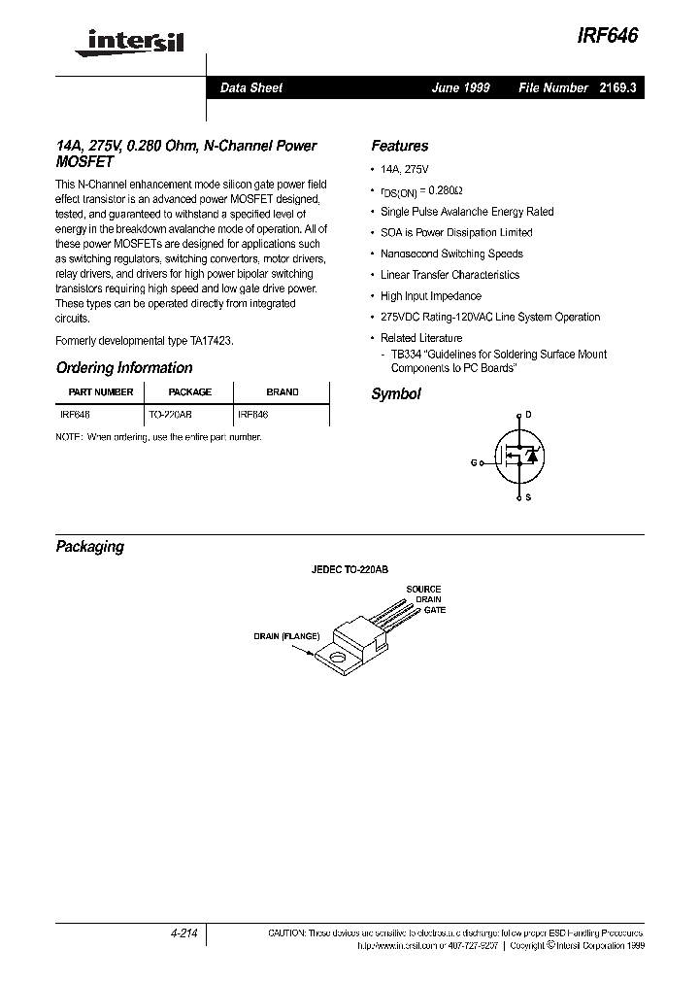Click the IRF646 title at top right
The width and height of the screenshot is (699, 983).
pyautogui.click(x=608, y=34)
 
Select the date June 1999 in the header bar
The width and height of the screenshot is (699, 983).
pyautogui.click(x=460, y=87)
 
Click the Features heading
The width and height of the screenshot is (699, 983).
pyautogui.click(x=399, y=146)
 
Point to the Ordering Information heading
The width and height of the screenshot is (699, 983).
pyautogui.click(x=124, y=368)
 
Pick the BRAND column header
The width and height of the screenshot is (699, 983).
pyautogui.click(x=283, y=392)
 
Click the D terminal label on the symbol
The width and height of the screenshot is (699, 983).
pyautogui.click(x=528, y=415)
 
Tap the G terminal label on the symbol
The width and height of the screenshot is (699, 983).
pyautogui.click(x=474, y=462)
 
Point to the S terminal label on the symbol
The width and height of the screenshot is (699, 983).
pyautogui.click(x=528, y=497)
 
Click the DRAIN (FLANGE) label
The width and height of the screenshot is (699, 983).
pyautogui.click(x=286, y=636)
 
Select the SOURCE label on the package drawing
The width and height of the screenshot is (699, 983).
pyautogui.click(x=423, y=590)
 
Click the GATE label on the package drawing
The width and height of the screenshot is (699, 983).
pyautogui.click(x=434, y=610)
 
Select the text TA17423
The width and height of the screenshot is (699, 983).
pyautogui.click(x=211, y=341)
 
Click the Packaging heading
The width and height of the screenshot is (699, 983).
pyautogui.click(x=90, y=547)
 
